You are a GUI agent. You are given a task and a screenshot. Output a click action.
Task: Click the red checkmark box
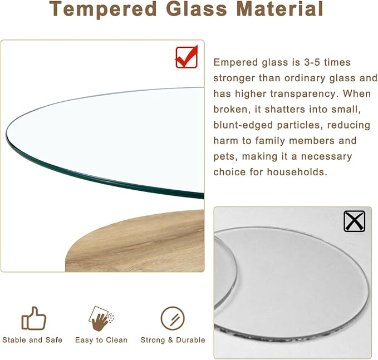click(186, 57)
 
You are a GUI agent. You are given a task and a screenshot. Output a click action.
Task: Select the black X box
click(355, 221)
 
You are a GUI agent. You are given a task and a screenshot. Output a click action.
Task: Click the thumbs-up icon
click(33, 318)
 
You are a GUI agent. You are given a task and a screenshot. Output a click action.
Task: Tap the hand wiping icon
click(101, 318)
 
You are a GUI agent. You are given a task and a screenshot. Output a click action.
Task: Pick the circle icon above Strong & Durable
click(173, 318)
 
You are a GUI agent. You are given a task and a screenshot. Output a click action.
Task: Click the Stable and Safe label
click(32, 340)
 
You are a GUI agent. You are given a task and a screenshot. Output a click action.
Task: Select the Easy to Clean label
click(101, 340)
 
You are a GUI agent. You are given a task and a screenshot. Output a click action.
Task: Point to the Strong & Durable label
click(173, 340)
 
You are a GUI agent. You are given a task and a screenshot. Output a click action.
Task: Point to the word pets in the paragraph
click(223, 156)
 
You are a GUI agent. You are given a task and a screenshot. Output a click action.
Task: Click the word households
click(296, 172)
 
